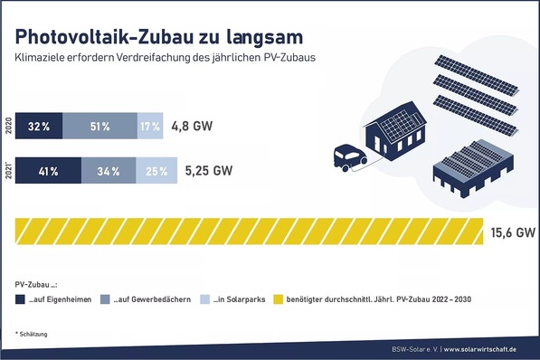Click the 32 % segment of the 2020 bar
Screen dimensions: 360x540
click(x=39, y=127)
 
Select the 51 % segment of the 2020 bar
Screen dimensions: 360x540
click(x=99, y=127)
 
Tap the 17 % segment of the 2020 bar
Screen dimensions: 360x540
click(x=149, y=127)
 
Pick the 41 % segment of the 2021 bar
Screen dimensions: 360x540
click(x=49, y=170)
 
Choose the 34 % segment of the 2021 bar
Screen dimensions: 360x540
click(x=109, y=170)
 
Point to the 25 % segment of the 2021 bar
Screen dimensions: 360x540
click(x=156, y=170)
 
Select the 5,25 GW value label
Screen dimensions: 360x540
click(x=208, y=170)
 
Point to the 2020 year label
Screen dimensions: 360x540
click(x=8, y=127)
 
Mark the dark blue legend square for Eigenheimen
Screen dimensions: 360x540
click(x=20, y=299)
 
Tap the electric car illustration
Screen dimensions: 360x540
click(x=347, y=157)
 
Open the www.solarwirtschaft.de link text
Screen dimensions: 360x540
click(x=489, y=350)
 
